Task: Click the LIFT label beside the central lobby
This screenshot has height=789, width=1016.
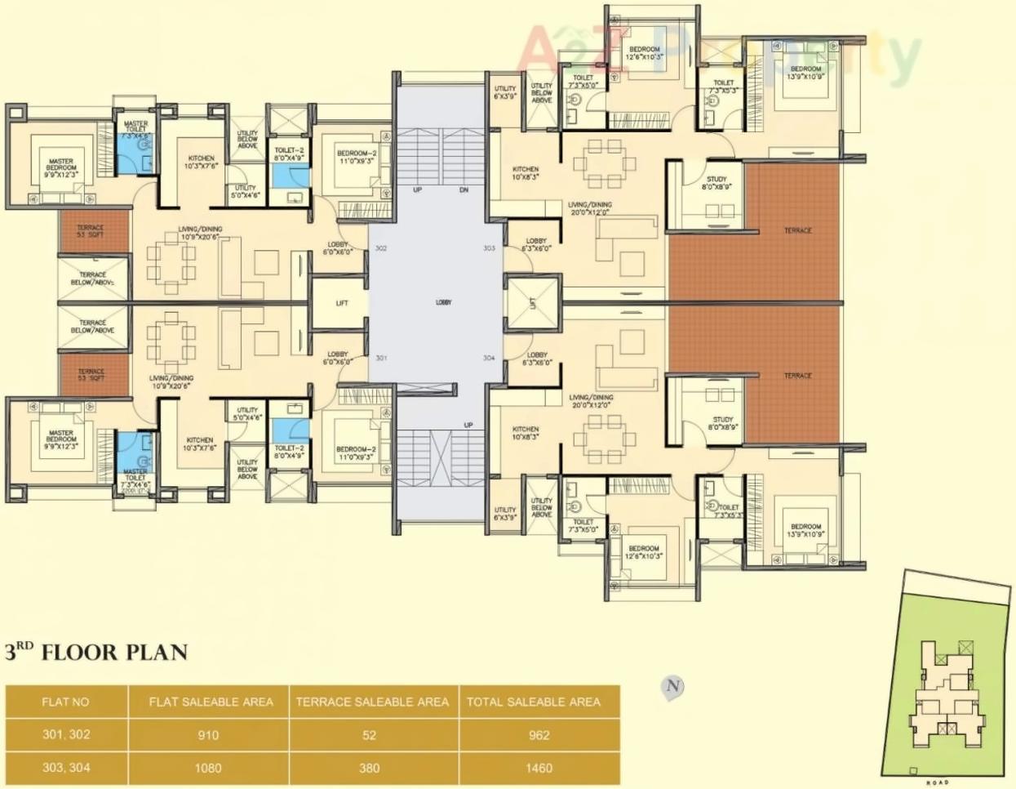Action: click(x=342, y=303)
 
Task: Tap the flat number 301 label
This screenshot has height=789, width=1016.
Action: click(x=381, y=359)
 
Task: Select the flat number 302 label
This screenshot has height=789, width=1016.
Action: click(x=381, y=247)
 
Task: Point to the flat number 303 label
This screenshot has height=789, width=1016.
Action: click(x=489, y=247)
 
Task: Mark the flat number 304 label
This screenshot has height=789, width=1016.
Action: click(x=489, y=359)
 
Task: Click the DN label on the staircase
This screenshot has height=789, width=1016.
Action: click(x=464, y=189)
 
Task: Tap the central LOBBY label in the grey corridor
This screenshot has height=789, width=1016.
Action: click(x=443, y=302)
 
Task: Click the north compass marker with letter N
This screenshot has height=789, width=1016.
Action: click(x=672, y=686)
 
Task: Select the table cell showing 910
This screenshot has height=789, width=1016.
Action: click(x=208, y=735)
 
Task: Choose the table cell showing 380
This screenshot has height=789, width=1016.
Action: click(x=370, y=768)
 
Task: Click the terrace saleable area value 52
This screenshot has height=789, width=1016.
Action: click(x=370, y=735)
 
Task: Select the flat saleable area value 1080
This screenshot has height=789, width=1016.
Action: click(x=208, y=768)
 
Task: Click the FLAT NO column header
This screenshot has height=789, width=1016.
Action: click(x=66, y=702)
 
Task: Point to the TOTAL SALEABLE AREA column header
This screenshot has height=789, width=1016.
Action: click(x=534, y=702)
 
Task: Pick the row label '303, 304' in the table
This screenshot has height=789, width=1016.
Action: click(x=66, y=768)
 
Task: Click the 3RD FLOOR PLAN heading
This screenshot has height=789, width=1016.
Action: click(x=96, y=652)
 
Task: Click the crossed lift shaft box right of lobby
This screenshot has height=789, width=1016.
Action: click(x=533, y=304)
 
